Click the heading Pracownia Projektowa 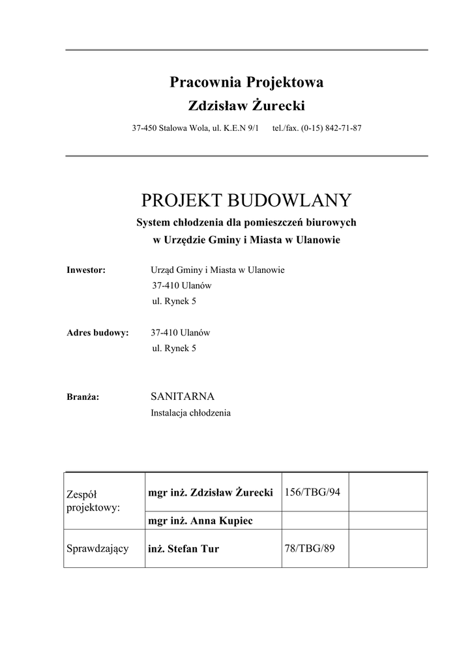(x=246, y=83)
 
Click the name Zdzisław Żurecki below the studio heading (x=246, y=106)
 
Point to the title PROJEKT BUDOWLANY (x=246, y=199)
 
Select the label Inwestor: (x=86, y=270)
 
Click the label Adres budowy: (x=98, y=333)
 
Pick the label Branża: (x=83, y=397)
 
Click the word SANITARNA (x=183, y=396)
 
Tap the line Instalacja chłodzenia (x=190, y=412)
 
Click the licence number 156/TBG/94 (x=312, y=492)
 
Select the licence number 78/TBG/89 (x=309, y=548)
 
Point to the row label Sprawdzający (x=98, y=548)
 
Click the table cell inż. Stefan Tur (x=184, y=549)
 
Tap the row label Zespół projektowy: (x=93, y=501)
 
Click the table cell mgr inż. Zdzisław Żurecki (x=210, y=492)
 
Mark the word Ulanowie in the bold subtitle (x=318, y=240)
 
